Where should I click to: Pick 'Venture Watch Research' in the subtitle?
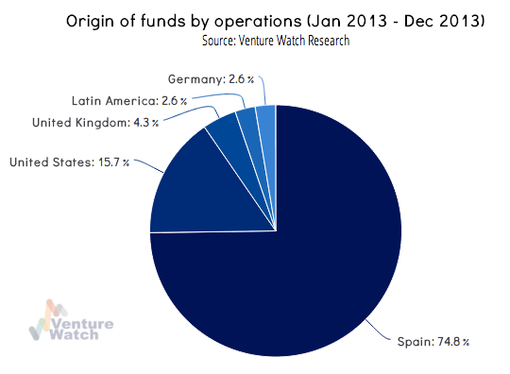[x=296, y=42]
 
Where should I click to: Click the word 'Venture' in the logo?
[x=86, y=322]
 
